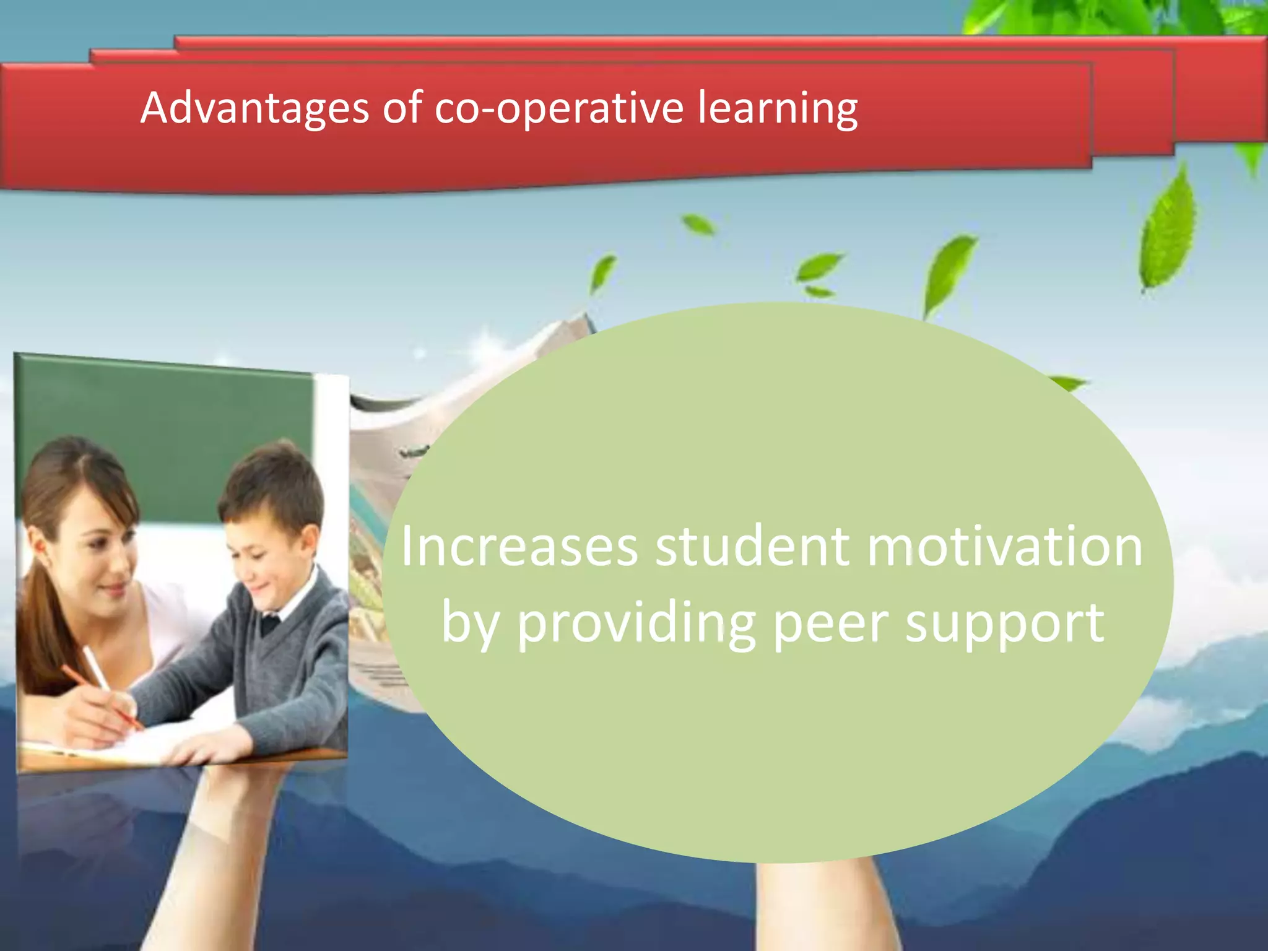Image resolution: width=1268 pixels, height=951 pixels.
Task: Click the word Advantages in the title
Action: (254, 109)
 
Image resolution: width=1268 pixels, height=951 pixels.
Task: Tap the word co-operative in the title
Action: (558, 109)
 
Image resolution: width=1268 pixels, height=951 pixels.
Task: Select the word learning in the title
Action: (778, 109)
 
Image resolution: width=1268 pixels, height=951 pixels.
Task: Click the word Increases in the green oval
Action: (519, 547)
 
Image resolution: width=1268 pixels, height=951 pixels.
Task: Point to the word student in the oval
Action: (752, 547)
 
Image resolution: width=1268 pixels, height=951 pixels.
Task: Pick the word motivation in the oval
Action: (1004, 547)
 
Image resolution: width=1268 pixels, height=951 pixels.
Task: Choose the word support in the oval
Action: (1004, 625)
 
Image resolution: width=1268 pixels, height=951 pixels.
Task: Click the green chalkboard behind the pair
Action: (167, 421)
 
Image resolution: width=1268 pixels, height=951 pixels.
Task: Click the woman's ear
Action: (38, 545)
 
